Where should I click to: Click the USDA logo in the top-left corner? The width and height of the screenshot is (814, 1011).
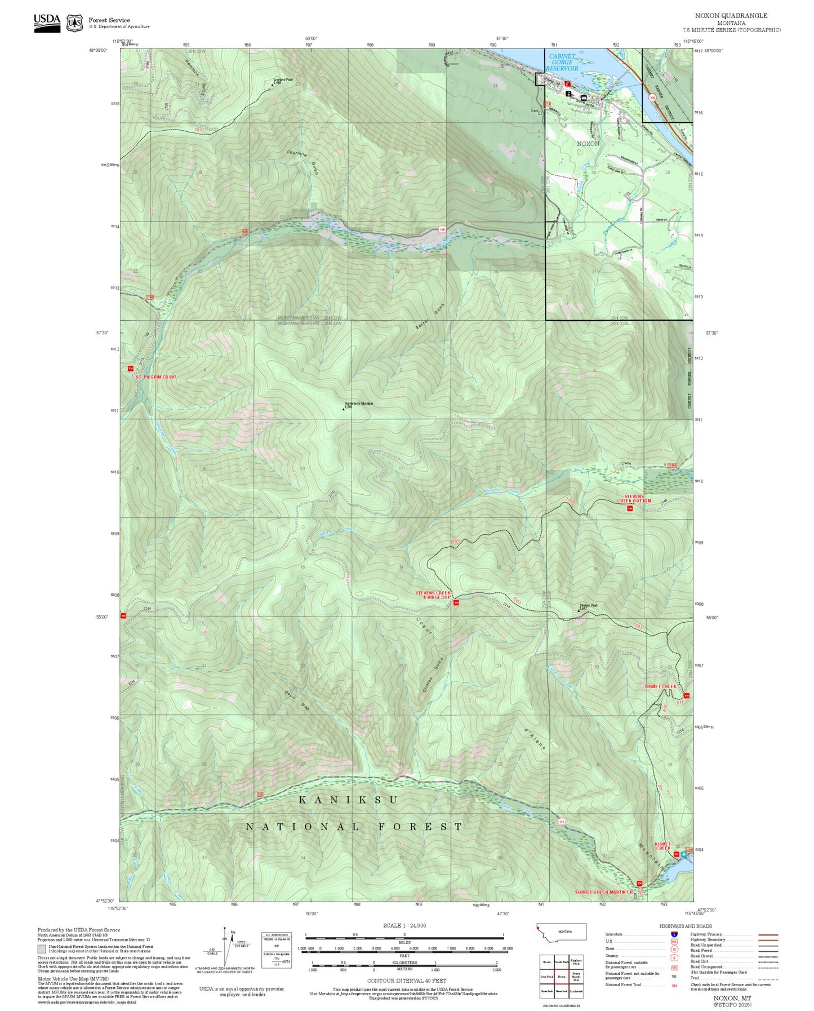coord(47,20)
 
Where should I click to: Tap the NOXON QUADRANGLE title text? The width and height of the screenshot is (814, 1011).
coord(731,15)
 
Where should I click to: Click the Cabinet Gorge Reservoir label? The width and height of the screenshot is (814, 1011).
coord(562,62)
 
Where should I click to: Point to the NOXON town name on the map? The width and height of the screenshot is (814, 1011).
coord(588,144)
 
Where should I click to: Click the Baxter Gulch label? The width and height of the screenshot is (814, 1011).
coord(432,317)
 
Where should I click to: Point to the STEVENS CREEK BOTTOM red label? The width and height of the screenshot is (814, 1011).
coord(634,499)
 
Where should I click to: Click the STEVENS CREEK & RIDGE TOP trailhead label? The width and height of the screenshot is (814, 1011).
coord(433,595)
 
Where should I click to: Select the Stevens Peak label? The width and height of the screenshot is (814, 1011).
coord(588,606)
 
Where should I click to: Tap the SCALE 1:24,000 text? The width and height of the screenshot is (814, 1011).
coord(404,925)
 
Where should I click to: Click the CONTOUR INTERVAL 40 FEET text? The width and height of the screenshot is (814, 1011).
coord(407,981)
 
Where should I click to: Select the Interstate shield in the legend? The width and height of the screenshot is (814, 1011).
coord(674,934)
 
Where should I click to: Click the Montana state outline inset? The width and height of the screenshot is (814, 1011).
coord(562,932)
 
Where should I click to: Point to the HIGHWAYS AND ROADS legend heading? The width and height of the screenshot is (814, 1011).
coord(686,926)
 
